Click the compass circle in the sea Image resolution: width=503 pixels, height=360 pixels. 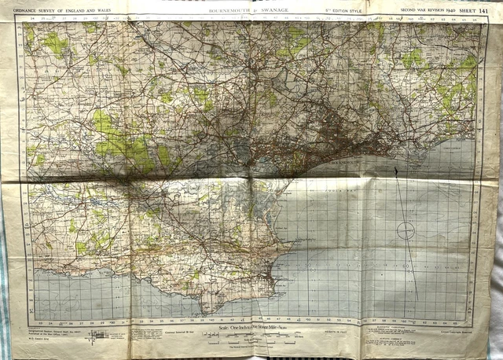click(x=406, y=230)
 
